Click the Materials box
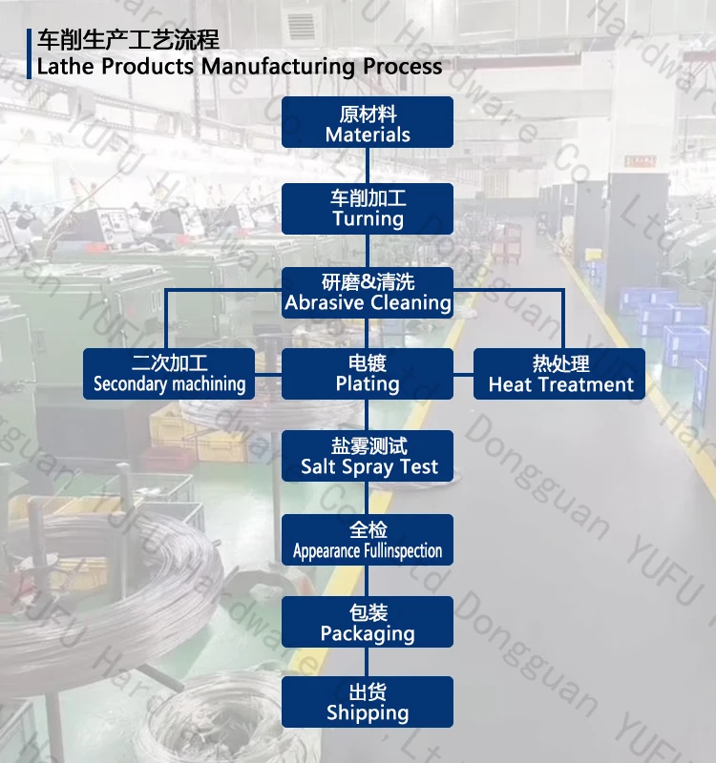[x=368, y=122]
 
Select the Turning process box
[x=368, y=207]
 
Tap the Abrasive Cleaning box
[x=368, y=292]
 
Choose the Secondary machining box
[x=169, y=373]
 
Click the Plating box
[x=368, y=373]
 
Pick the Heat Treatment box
[x=560, y=373]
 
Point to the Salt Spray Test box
[x=368, y=456]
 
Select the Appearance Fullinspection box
[x=368, y=540]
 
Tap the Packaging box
[x=368, y=622]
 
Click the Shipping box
[x=368, y=702]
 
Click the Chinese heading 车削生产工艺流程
[x=128, y=40]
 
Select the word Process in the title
[x=402, y=67]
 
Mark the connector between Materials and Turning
[x=368, y=165]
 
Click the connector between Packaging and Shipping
[x=368, y=662]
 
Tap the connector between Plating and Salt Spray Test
[x=368, y=415]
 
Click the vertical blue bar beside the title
[x=30, y=53]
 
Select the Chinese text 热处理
[x=560, y=363]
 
